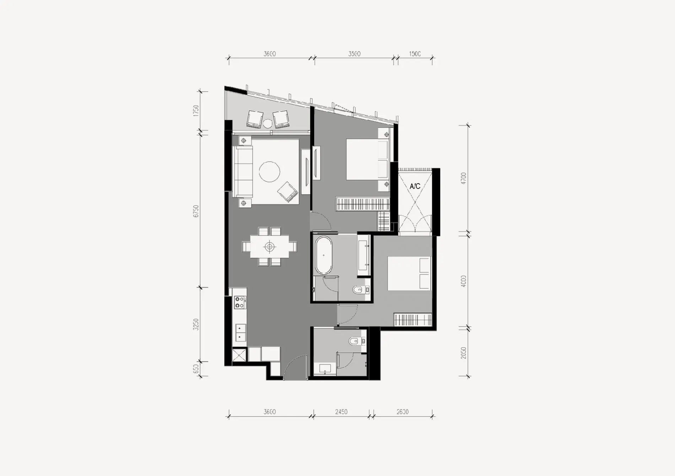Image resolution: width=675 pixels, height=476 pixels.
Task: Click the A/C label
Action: click(x=415, y=186)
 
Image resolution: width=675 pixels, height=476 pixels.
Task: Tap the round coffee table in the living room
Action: click(x=269, y=172)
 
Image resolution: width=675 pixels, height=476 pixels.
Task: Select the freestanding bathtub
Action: click(x=323, y=255)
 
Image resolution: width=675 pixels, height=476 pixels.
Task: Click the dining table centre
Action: click(x=270, y=246)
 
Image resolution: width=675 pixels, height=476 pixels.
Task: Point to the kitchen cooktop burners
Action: click(x=240, y=302)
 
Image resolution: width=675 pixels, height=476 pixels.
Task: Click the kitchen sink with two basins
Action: click(x=241, y=332)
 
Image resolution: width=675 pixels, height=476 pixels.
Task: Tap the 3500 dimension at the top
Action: click(x=354, y=54)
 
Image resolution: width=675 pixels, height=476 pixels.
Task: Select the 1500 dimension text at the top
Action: click(x=415, y=54)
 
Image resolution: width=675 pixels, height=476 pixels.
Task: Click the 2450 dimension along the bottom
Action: click(x=341, y=412)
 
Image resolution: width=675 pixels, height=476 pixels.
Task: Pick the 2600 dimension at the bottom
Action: click(x=403, y=412)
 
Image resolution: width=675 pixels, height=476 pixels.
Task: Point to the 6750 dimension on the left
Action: click(x=196, y=211)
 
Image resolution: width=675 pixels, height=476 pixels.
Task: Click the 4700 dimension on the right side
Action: click(x=463, y=178)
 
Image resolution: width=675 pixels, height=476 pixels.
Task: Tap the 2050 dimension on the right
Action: click(x=463, y=353)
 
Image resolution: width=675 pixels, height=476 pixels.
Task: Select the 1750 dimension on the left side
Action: click(x=196, y=111)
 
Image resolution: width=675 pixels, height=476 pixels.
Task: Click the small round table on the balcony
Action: click(x=268, y=124)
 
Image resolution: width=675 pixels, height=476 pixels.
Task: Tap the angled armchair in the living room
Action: click(x=287, y=192)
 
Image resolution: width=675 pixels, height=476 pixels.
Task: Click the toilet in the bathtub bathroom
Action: click(x=358, y=290)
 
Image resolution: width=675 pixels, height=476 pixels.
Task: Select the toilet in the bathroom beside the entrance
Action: click(x=354, y=342)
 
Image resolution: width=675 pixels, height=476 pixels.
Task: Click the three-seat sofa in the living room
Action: click(x=243, y=172)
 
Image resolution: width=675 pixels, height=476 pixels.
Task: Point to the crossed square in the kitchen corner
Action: click(x=239, y=355)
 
